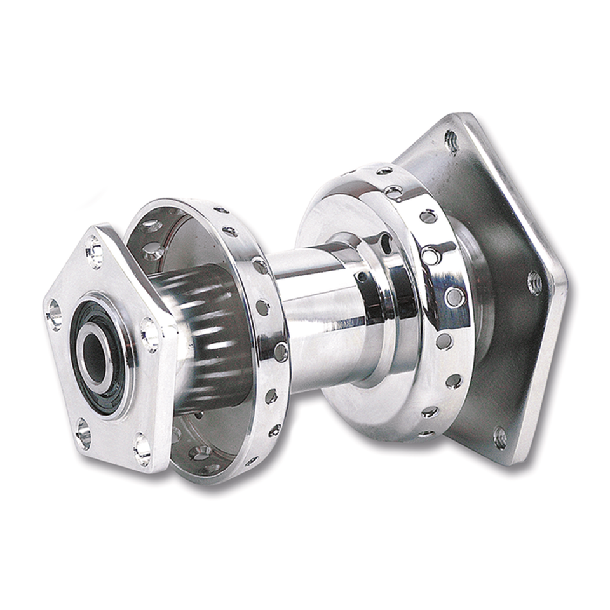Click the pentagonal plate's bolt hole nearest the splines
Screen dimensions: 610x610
click(150, 334)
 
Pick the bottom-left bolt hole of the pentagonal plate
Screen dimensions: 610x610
click(83, 434)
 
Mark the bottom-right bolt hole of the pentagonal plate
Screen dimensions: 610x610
click(142, 449)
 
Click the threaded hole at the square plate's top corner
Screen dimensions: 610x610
click(452, 140)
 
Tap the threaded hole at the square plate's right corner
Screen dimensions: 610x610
click(534, 282)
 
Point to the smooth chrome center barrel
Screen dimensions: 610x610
click(311, 318)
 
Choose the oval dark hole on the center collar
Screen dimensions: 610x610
click(386, 242)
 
